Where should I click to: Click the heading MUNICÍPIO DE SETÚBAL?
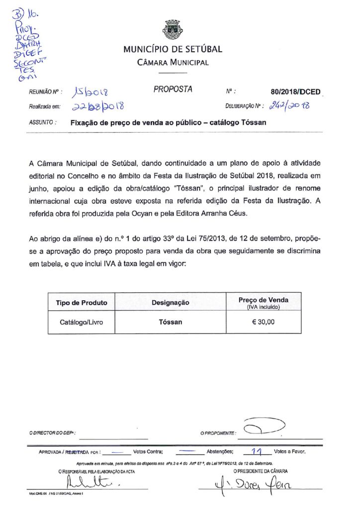pos(173,49)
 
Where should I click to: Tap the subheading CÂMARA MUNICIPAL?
pos(173,63)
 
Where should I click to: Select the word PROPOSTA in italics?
pos(173,89)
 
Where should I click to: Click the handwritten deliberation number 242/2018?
pos(289,105)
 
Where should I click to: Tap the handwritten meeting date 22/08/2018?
pos(97,106)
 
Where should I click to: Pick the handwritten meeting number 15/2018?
pos(92,92)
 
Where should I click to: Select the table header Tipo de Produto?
pos(82,302)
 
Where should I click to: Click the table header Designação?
pos(171,302)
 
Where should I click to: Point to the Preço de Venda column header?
pos(263,300)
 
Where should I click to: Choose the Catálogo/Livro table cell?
pos(82,322)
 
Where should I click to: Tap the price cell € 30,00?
pos(263,322)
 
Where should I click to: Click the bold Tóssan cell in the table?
pos(171,322)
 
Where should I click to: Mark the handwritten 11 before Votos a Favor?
pos(257,452)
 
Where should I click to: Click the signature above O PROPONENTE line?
pos(262,427)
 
